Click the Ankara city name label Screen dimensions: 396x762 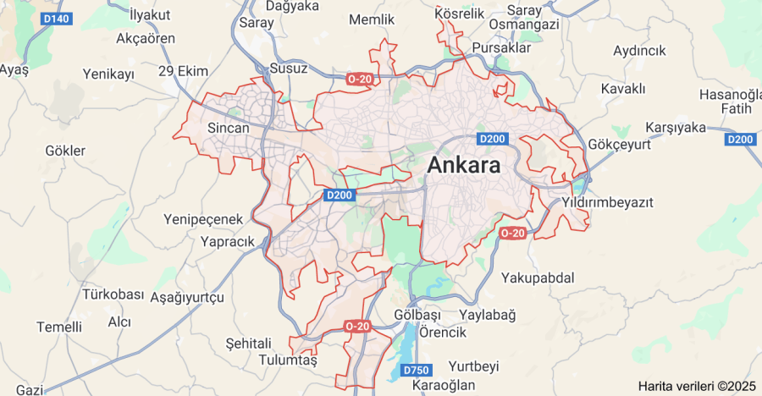pos(463,166)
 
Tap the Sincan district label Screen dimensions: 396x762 pos(229,129)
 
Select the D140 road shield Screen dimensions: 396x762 pos(57,18)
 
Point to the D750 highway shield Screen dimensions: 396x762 pos(417,371)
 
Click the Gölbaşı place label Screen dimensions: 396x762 pos(418,315)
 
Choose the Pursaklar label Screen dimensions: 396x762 pos(501,48)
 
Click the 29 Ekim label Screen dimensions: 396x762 pos(183,71)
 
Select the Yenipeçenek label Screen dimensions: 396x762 pos(203,219)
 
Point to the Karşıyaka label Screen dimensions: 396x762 pos(676,128)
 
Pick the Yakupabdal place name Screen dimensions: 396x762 pos(538,278)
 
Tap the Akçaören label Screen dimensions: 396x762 pos(146,38)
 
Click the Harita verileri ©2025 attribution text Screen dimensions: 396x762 pos(697,386)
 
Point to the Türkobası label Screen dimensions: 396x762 pos(113,294)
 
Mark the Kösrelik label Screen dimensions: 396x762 pos(459,14)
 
